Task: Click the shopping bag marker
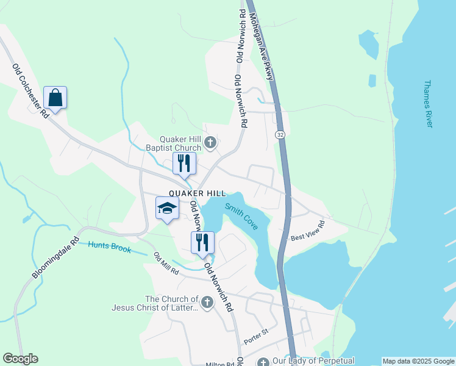point(55,98)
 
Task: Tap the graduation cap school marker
point(167,209)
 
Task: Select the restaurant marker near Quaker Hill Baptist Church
point(183,163)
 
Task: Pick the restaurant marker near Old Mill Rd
point(202,242)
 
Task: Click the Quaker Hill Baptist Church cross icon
point(210,143)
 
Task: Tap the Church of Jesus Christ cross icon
point(207,302)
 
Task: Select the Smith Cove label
point(241,217)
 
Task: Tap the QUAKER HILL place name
point(193,193)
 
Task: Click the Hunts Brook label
point(109,247)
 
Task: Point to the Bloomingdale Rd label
point(55,258)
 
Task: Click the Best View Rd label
point(307,231)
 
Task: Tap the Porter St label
point(256,333)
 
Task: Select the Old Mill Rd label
point(166,264)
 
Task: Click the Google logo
point(20,359)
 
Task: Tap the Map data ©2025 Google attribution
point(418,361)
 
